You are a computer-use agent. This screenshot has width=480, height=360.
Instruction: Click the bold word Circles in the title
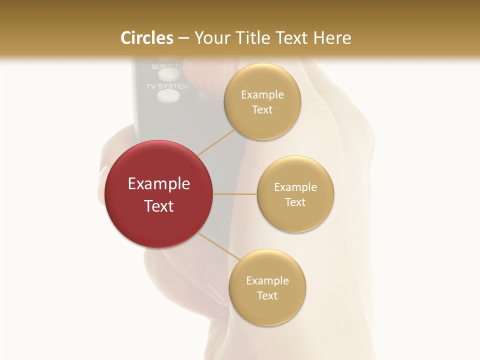147,38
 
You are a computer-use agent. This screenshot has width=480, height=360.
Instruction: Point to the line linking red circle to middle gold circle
235,194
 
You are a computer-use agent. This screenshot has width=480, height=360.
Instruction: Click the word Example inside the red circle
159,184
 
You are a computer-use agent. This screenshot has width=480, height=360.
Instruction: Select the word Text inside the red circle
159,206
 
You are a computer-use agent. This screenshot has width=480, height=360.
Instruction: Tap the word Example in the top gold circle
262,95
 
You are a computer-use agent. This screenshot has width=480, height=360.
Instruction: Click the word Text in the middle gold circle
295,202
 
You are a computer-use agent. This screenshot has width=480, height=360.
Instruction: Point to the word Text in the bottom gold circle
267,295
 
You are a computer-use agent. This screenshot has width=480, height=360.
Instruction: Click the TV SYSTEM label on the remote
167,86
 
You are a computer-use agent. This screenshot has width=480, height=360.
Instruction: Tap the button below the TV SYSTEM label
167,96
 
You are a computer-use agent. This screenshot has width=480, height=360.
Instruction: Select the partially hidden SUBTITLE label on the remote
167,66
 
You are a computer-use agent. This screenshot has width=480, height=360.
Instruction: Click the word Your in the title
210,38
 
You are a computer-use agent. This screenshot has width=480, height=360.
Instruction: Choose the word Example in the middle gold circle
295,187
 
